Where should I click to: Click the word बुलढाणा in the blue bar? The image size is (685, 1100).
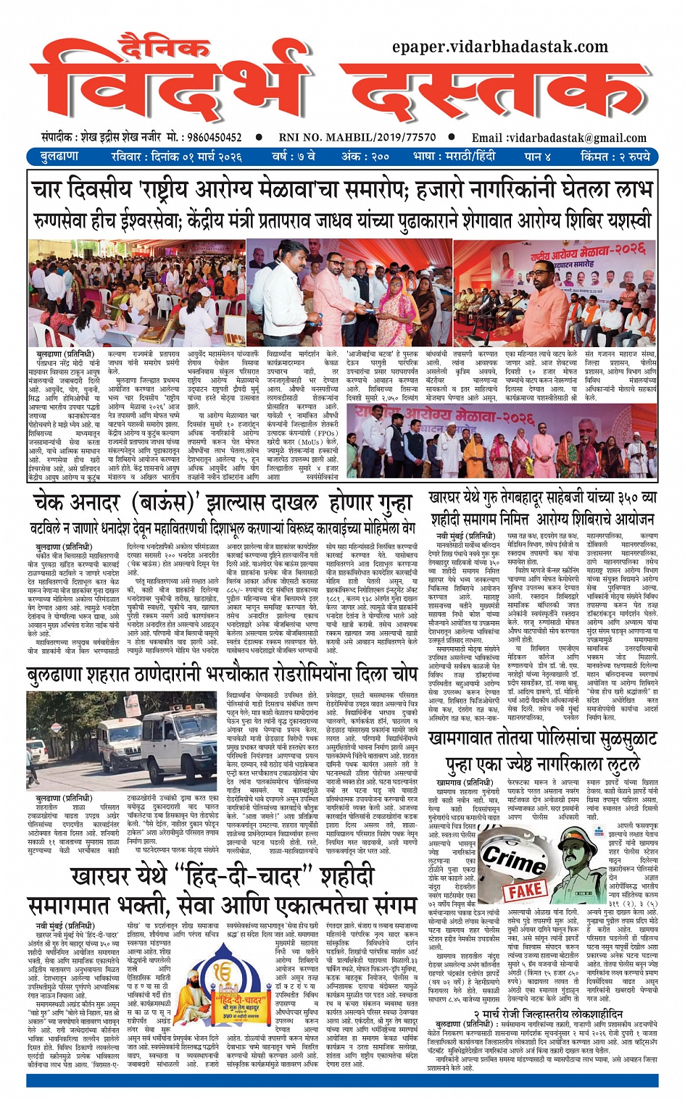click(x=59, y=157)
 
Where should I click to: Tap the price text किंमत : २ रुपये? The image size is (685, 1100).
click(x=615, y=157)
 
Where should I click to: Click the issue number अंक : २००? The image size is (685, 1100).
click(x=366, y=157)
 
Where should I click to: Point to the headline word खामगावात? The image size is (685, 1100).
click(x=472, y=739)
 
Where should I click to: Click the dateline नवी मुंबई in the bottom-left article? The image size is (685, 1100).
click(x=52, y=925)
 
